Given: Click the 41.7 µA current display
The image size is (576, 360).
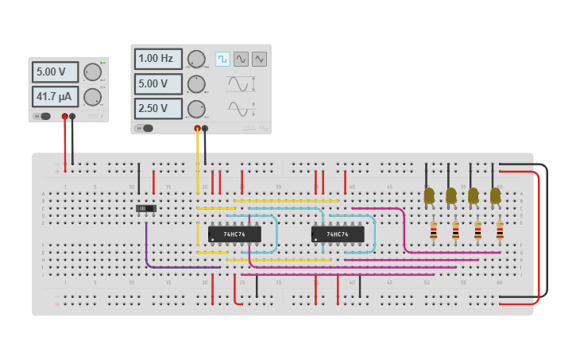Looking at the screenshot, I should tap(55, 97).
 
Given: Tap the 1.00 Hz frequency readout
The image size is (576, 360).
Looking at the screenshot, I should tap(158, 59).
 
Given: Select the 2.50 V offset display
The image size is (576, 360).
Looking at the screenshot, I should tap(158, 108).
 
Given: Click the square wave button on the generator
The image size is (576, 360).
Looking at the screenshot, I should tap(222, 59).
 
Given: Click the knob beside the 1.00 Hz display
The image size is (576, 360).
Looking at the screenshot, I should tap(195, 59).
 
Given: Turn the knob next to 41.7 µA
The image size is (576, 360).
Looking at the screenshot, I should tap(92, 97).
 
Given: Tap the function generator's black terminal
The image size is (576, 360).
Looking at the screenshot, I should tap(205, 128).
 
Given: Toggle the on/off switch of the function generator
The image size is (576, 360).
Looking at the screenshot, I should tap(143, 128).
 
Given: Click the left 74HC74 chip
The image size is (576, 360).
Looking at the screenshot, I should tap(234, 234).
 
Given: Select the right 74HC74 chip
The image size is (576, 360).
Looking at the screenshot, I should tap(338, 234).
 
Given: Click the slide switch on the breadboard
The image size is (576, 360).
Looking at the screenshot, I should tap(145, 208).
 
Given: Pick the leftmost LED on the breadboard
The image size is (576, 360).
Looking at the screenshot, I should tap(429, 195).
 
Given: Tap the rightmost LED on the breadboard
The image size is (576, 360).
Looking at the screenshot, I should tap(495, 195).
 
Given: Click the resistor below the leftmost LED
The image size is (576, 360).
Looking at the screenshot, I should tap(433, 230).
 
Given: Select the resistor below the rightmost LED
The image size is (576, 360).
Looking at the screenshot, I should tap(500, 230).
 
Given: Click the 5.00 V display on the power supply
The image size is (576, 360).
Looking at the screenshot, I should tap(55, 72).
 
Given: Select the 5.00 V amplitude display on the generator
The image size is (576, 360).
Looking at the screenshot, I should tap(158, 83).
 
